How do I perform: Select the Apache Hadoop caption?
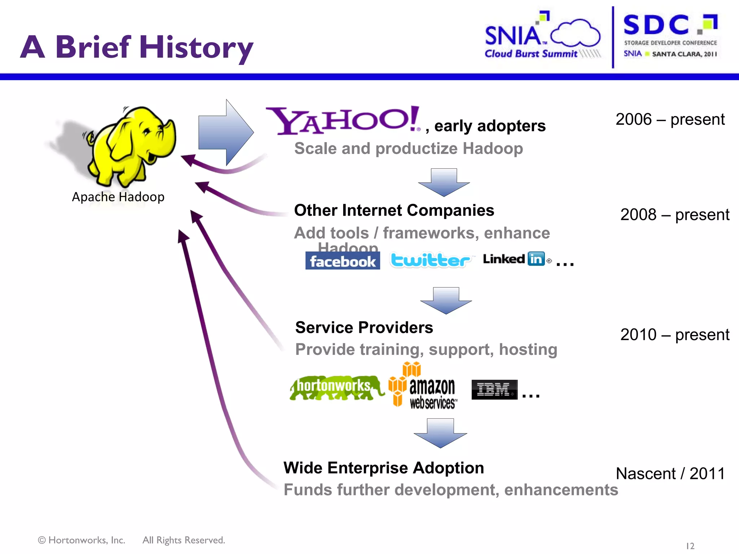coord(118,197)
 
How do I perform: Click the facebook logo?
coord(342,261)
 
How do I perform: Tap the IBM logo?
coord(494,390)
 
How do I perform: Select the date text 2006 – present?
coord(670,119)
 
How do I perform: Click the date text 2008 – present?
coord(674,215)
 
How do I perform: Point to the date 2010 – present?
coord(674,335)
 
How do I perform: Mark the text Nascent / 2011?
coord(670,474)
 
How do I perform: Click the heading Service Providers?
coord(364,327)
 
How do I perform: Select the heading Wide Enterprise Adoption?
coord(383,468)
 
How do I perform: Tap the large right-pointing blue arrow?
coord(226,132)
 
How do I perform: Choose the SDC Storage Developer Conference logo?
coord(670,36)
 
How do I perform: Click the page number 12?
coord(690,546)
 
